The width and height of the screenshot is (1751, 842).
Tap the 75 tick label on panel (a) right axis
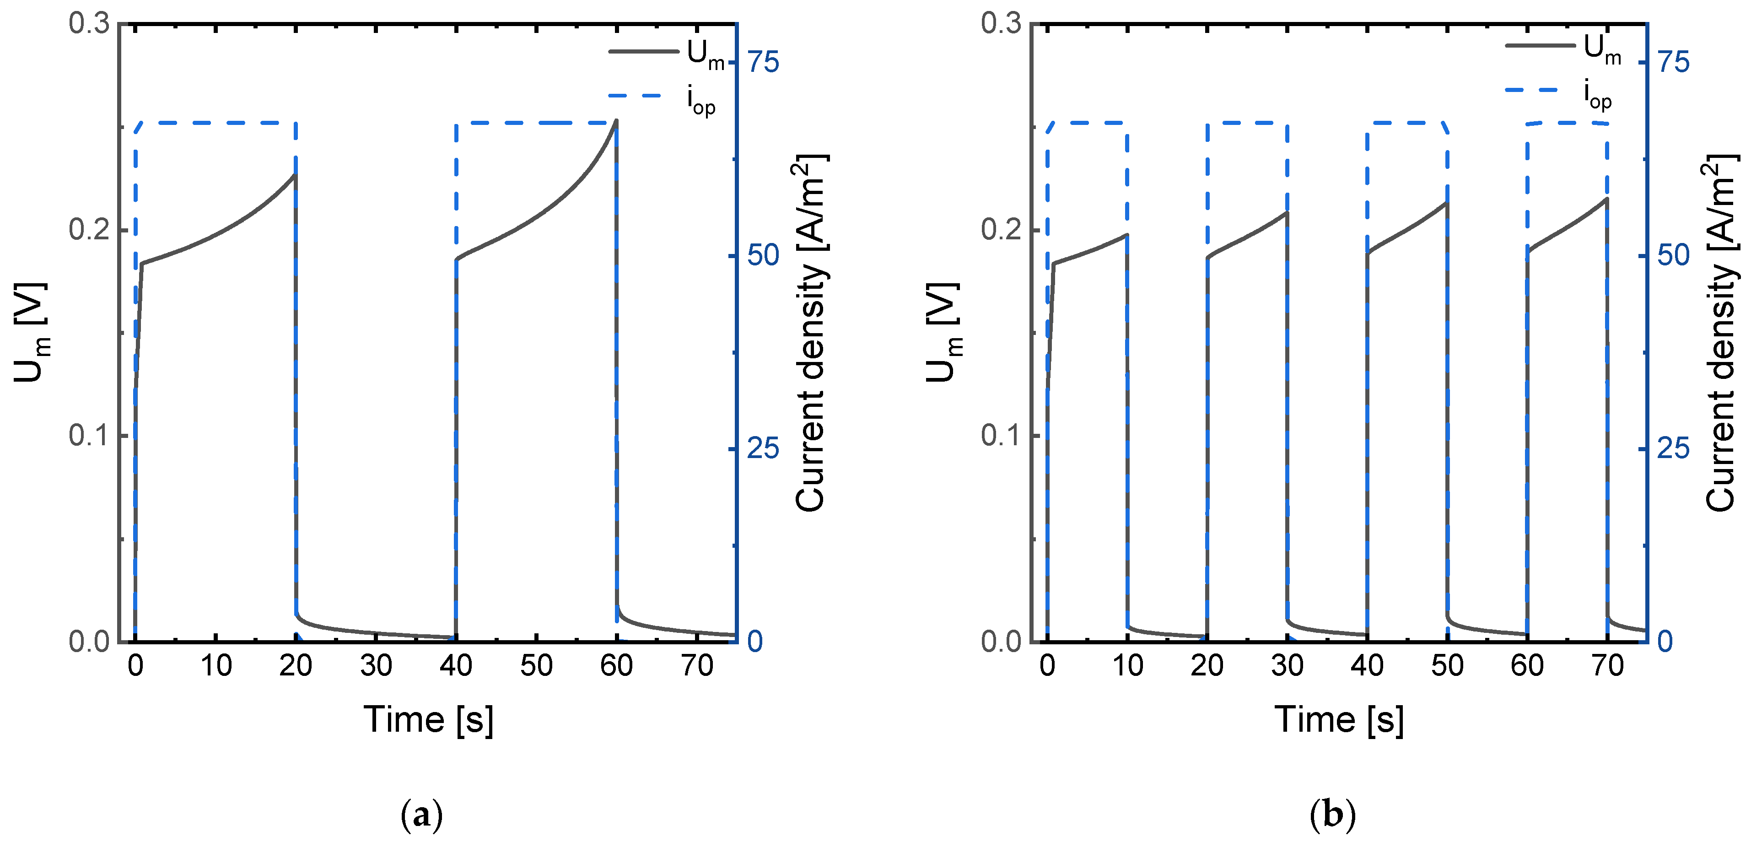763,63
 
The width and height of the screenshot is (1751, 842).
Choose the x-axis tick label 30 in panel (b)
1287,666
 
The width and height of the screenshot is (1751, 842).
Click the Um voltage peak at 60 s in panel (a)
616,121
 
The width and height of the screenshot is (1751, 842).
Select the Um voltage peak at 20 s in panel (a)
295,175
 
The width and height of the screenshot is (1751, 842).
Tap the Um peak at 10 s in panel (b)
1127,235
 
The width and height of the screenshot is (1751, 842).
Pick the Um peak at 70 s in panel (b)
1607,199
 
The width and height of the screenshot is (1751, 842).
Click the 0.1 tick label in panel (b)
1001,436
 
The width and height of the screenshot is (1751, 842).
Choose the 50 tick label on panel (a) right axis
763,255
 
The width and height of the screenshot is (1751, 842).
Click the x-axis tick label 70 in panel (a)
697,666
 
